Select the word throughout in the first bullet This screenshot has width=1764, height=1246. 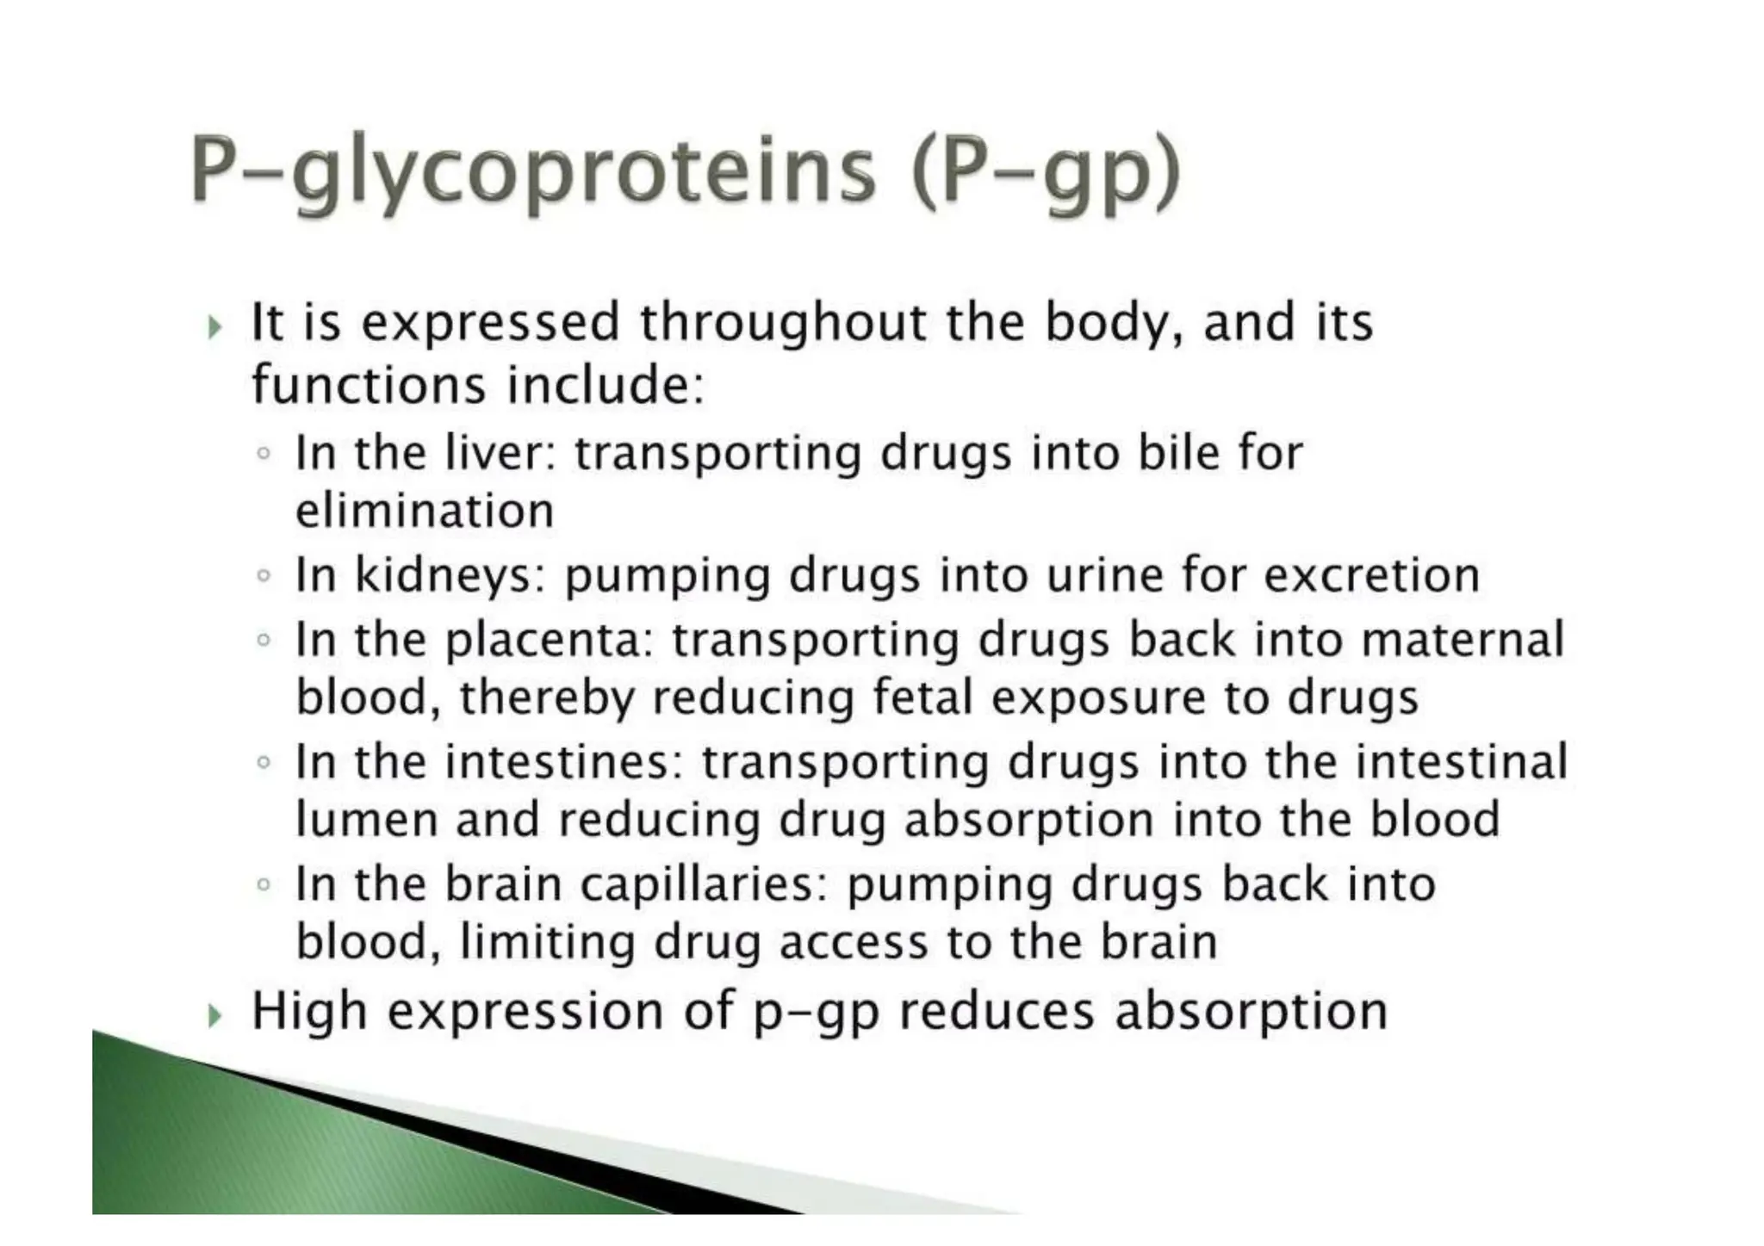783,323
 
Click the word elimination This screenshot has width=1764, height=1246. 425,511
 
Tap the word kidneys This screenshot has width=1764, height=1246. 450,575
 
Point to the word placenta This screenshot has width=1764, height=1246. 550,640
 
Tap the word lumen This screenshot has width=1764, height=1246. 367,819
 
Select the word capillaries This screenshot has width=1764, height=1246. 703,884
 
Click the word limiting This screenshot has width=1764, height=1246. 548,942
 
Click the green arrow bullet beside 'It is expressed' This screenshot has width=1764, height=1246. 215,327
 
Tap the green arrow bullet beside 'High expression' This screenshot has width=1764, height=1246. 215,1017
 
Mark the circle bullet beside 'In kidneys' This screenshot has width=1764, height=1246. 264,575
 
